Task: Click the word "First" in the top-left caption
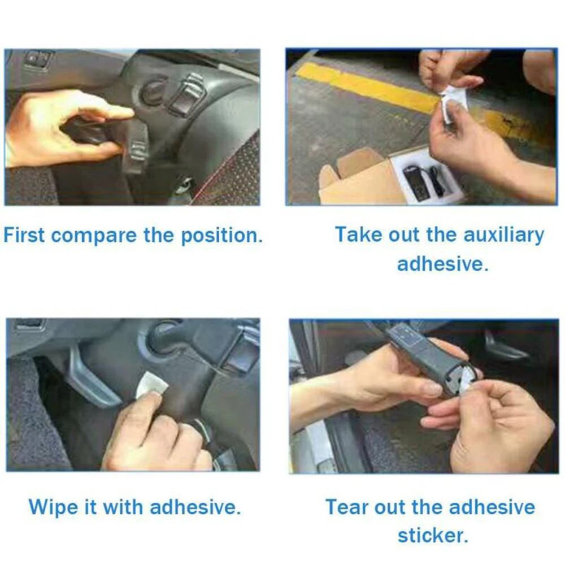coord(24,235)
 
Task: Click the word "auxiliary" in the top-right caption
coord(503,235)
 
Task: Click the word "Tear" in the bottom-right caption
coord(346,507)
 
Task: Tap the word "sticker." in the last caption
coord(433,536)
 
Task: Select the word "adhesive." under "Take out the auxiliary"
coord(442,264)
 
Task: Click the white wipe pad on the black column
coord(151,385)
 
